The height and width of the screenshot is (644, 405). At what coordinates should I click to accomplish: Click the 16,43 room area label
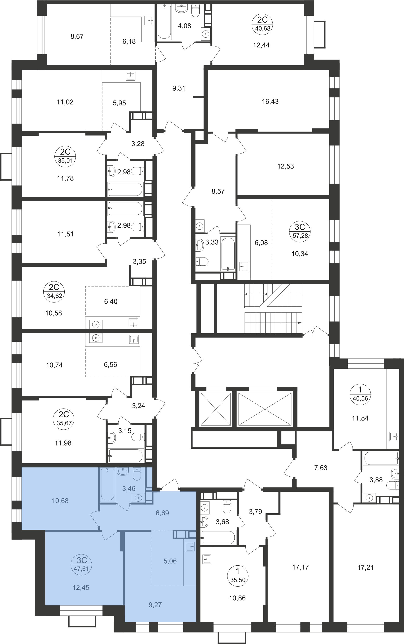[270, 102]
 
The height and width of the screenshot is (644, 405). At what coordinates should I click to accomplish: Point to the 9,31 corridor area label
[179, 88]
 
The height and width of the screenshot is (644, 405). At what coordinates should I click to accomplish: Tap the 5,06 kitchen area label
[170, 561]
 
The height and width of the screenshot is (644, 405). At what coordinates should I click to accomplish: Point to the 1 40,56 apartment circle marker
[360, 394]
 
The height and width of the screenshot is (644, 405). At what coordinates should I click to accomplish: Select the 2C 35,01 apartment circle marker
[65, 156]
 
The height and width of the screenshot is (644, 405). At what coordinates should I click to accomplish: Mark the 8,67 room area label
[77, 36]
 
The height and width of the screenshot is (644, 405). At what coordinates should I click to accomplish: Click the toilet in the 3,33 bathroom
[202, 261]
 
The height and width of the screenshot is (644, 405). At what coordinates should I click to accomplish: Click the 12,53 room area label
[285, 166]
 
